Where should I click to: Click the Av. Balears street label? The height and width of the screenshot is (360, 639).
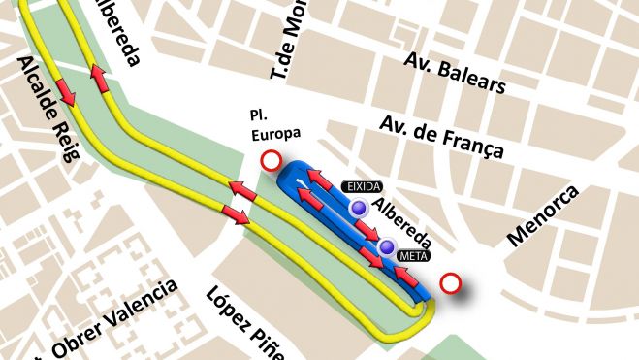coord(454,76)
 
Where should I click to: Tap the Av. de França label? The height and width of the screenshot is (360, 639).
coord(441,138)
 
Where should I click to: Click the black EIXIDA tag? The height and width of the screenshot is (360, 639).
coord(362,185)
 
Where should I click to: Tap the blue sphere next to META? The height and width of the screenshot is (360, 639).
coord(387,247)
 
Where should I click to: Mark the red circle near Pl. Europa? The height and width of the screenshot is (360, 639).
coord(272,162)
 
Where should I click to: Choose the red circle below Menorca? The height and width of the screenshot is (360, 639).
coord(450,283)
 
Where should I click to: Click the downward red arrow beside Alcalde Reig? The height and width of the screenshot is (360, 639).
coord(66,91)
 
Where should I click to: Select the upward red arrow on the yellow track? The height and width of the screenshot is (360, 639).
coord(99,79)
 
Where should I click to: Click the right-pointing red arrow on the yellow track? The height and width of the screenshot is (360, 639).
coord(236,213)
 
